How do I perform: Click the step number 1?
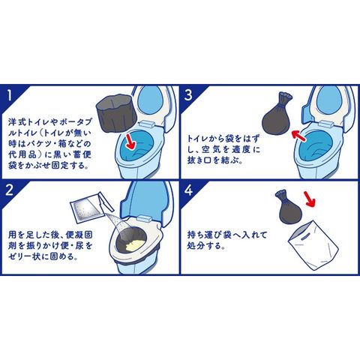tap(10, 95)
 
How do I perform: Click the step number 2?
tap(9, 190)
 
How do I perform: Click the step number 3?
tap(188, 95)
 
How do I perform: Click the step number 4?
tap(188, 190)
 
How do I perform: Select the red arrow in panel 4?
tap(309, 199)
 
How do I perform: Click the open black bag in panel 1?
tap(116, 113)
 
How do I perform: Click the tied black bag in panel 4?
tap(288, 207)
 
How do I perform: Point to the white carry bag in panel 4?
tap(313, 247)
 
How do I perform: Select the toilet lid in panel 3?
tap(331, 103)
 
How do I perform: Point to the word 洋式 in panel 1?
tap(17, 122)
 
